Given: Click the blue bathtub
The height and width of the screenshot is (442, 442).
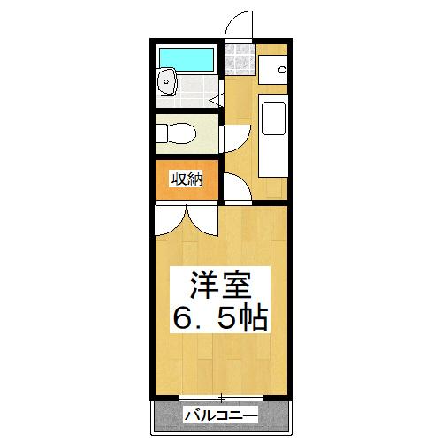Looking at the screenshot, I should (x=186, y=58).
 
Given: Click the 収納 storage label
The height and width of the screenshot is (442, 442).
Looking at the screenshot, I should (x=187, y=179).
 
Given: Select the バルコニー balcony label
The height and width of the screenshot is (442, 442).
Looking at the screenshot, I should (x=220, y=415).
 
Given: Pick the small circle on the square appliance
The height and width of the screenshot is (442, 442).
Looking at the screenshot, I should (x=281, y=69).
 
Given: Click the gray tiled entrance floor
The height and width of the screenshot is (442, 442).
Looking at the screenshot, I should (x=240, y=60).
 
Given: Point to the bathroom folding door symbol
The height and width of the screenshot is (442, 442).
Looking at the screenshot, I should (x=216, y=101).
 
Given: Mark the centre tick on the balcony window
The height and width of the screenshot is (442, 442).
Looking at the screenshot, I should (x=221, y=397).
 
